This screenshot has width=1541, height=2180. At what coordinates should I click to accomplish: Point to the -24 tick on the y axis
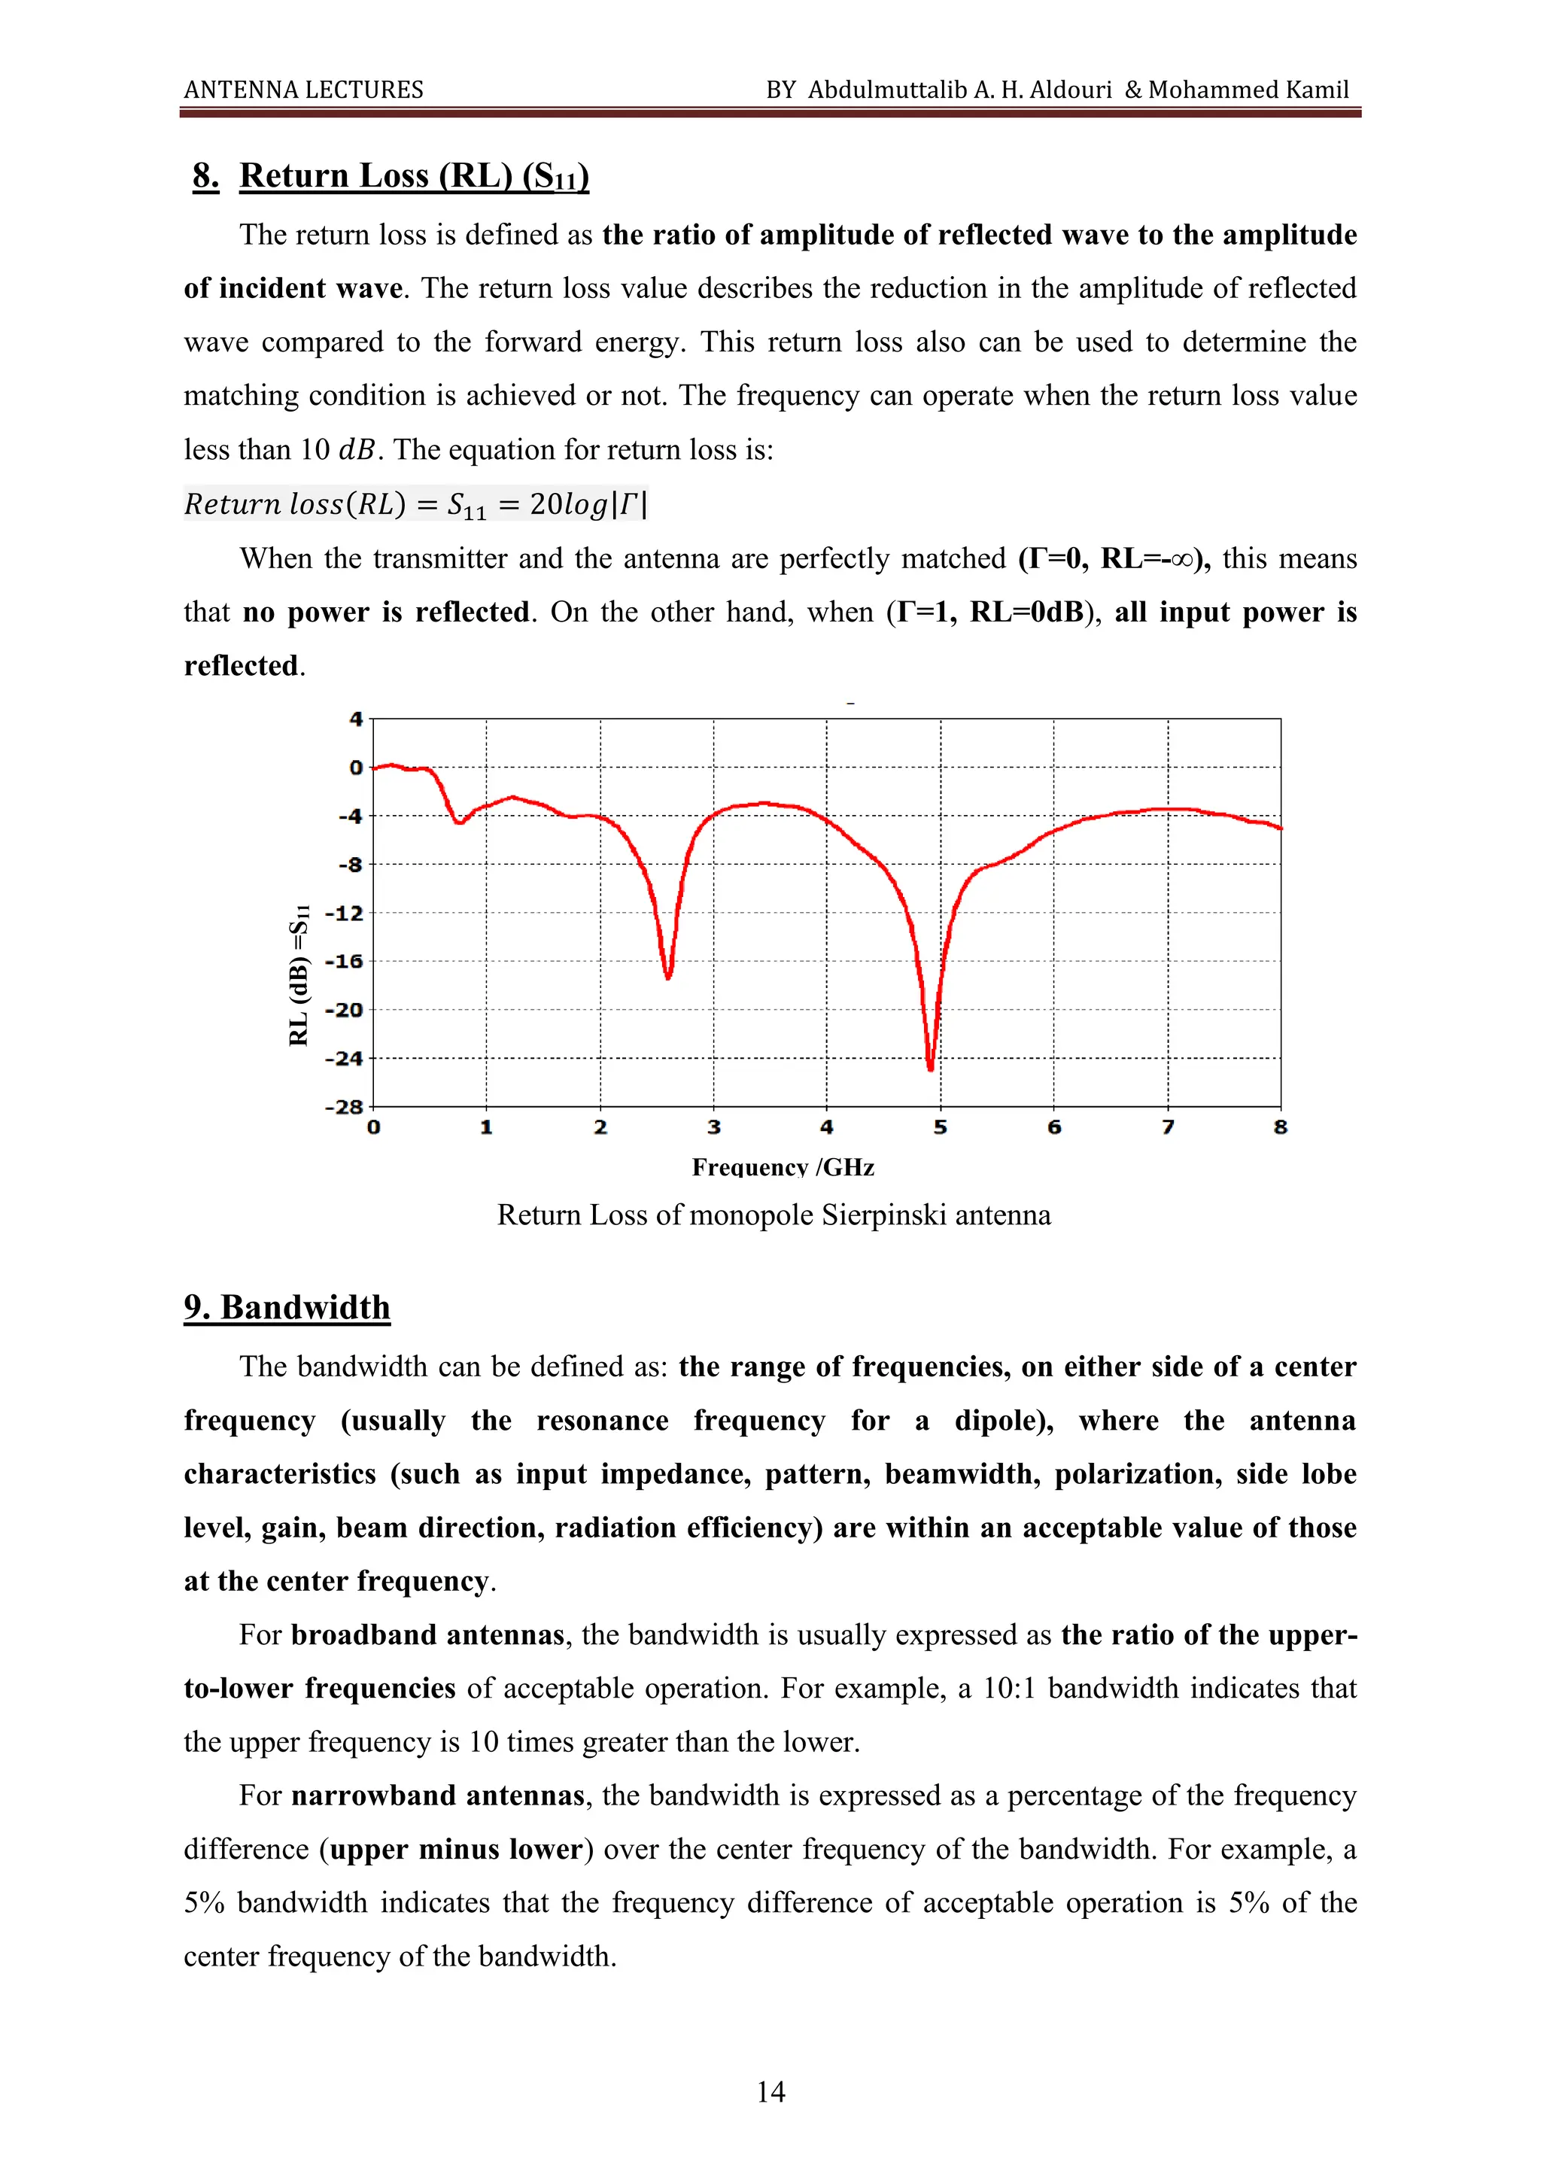click(x=345, y=1059)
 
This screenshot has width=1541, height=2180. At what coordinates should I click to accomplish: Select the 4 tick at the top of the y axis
click(x=356, y=719)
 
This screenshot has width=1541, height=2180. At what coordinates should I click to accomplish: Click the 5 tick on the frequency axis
click(x=940, y=1128)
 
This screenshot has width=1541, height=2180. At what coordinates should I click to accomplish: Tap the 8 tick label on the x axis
click(x=1280, y=1128)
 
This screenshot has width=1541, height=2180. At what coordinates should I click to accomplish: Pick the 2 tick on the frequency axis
click(x=600, y=1128)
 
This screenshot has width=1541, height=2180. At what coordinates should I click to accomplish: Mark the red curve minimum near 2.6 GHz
click(x=668, y=976)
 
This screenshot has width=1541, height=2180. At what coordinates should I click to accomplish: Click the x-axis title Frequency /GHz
click(x=783, y=1167)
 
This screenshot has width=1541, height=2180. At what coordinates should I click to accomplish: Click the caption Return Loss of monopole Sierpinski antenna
click(x=774, y=1215)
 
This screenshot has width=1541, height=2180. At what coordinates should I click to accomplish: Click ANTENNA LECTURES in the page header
click(x=304, y=90)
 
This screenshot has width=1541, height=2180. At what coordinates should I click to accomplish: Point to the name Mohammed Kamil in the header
click(x=1248, y=90)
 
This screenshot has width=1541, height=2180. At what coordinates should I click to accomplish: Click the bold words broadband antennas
click(x=427, y=1635)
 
